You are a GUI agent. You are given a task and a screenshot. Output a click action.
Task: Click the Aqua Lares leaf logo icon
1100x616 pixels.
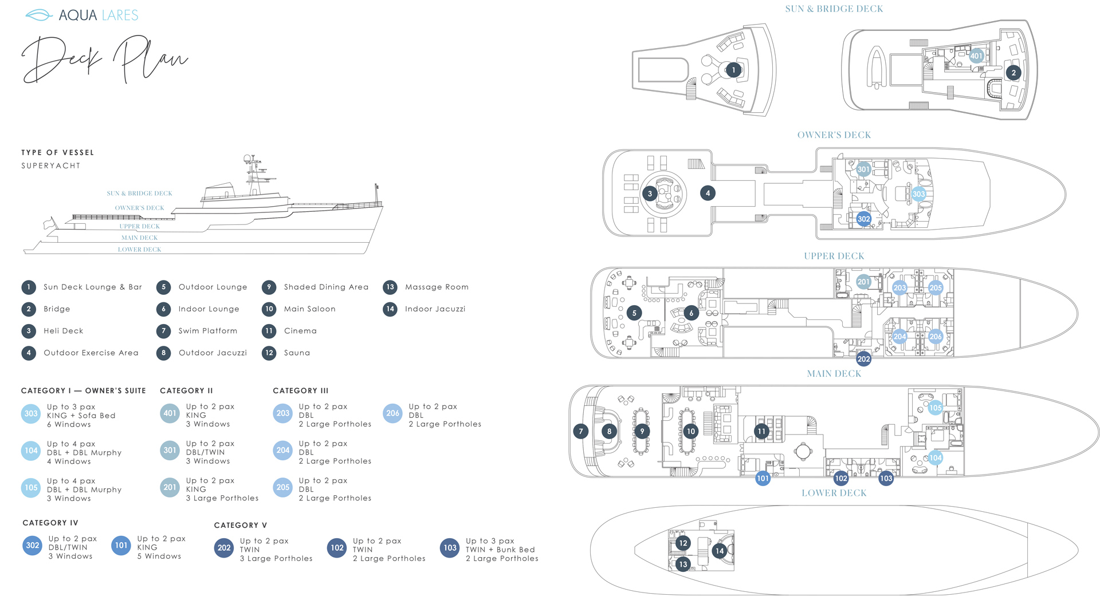(x=39, y=15)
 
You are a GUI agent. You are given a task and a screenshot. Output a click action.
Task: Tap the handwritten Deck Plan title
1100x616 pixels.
(x=104, y=58)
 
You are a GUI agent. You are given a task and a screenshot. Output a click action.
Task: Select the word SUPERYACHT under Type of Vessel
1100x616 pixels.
(x=51, y=166)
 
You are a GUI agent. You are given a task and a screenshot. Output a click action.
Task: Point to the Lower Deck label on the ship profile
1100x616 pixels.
(x=139, y=250)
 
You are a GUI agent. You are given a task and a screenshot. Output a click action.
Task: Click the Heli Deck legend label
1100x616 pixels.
(x=64, y=331)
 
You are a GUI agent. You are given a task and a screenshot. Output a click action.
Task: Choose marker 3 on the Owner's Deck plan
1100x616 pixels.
(x=650, y=194)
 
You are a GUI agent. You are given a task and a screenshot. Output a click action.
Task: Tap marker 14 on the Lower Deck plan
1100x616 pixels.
(x=719, y=551)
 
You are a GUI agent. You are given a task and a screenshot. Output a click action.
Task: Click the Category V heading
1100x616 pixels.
(x=241, y=526)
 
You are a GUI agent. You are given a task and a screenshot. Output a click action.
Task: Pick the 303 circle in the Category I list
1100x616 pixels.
(x=31, y=413)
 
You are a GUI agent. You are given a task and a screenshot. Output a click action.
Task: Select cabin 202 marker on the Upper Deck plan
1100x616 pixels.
(x=863, y=359)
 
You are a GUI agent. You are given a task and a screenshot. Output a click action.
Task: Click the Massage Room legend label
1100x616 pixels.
(x=437, y=287)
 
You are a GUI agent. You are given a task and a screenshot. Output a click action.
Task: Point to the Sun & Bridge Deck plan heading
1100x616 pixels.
(x=834, y=9)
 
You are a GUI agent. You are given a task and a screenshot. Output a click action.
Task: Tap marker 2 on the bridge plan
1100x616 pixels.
(x=1013, y=73)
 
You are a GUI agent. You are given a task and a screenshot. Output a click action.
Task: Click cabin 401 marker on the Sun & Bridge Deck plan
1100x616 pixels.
(x=976, y=56)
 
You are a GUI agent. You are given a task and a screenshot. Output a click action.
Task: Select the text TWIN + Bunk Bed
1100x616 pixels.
(x=500, y=550)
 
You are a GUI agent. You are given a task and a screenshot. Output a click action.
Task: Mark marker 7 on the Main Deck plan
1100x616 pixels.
(x=580, y=432)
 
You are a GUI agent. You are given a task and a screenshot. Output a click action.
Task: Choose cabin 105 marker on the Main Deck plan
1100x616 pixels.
(x=935, y=408)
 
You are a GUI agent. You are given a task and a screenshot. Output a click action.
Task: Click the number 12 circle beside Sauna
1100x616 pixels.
(x=269, y=353)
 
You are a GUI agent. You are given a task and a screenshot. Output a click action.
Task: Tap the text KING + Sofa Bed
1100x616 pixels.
(x=81, y=416)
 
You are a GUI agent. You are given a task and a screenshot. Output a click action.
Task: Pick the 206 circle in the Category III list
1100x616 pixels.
(x=392, y=413)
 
